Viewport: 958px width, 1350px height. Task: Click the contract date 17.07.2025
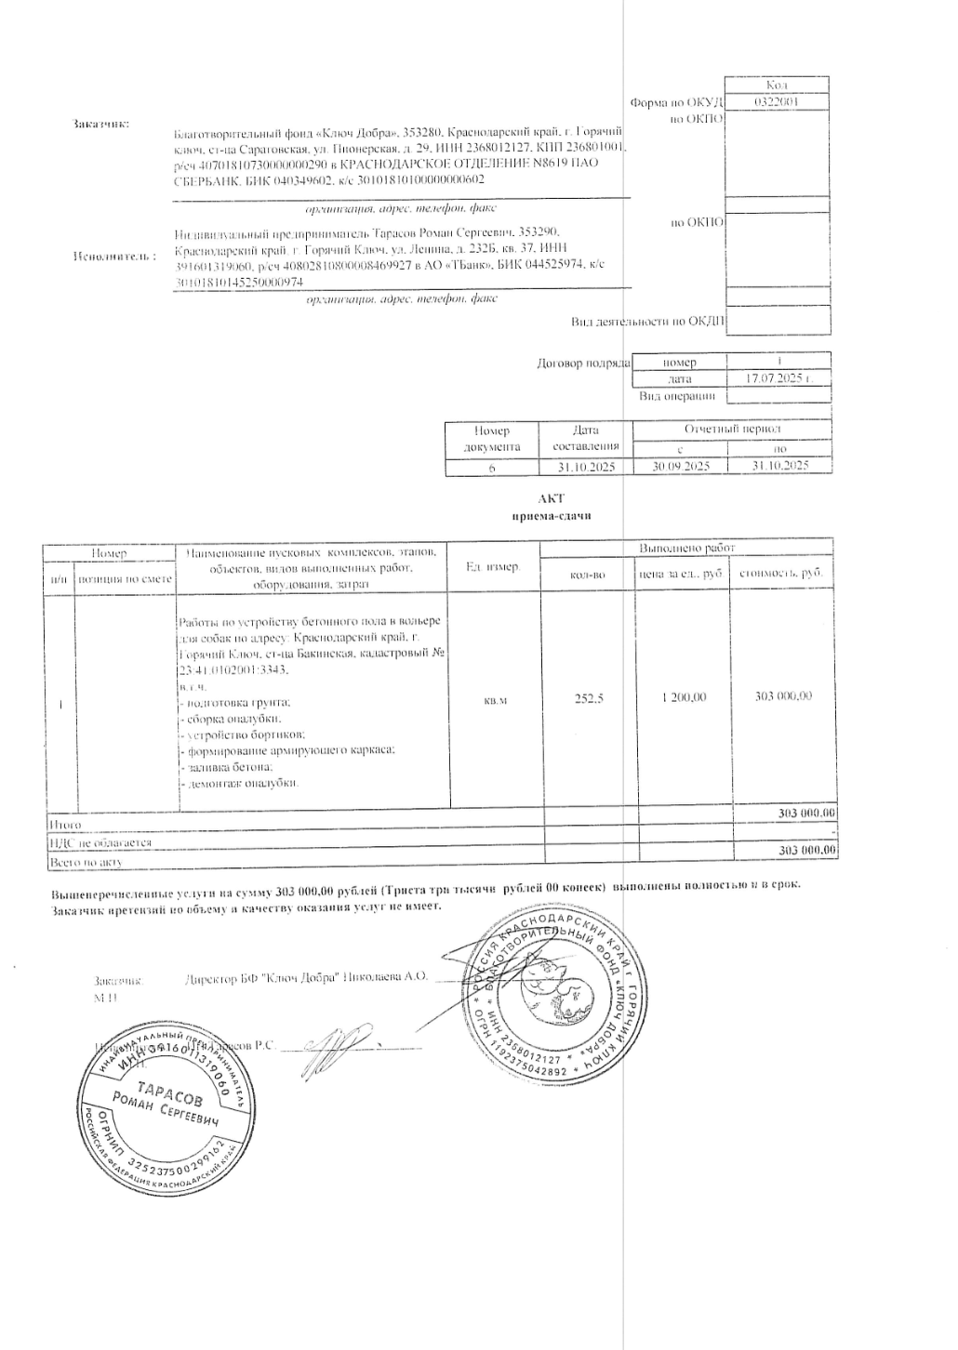point(778,379)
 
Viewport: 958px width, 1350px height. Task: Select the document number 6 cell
point(492,468)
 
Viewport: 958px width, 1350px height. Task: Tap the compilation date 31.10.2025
point(586,467)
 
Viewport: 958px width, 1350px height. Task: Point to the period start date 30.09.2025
point(681,467)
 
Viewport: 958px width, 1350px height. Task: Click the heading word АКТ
point(552,498)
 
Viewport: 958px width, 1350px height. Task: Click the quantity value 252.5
point(589,698)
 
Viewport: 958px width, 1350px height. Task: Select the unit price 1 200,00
point(684,697)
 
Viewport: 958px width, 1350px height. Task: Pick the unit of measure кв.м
point(496,699)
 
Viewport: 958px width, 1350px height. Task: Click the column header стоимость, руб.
point(781,574)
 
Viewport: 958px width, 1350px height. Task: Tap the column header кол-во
point(588,575)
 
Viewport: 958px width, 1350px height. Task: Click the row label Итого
point(64,825)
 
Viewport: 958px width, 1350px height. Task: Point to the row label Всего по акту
point(86,863)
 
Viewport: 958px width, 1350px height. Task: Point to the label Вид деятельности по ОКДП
point(647,322)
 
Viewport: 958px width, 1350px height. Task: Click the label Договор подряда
point(583,363)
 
